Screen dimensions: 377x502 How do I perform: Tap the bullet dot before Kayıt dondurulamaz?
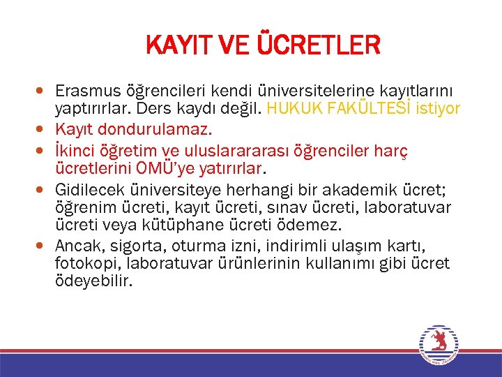click(x=44, y=129)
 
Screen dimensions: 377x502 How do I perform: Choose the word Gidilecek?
click(x=88, y=190)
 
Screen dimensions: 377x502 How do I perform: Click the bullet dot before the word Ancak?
click(x=44, y=246)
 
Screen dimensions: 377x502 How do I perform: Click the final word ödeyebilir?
click(x=93, y=281)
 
